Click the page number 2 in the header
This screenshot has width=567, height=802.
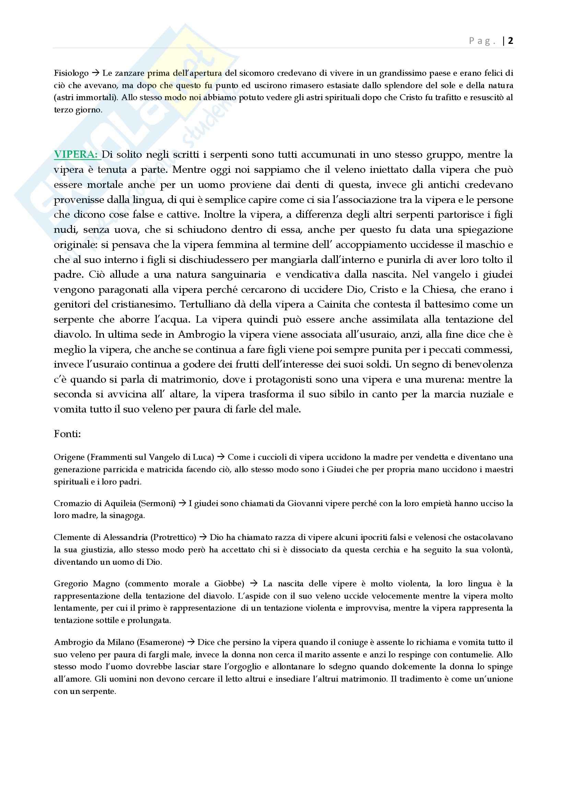(x=510, y=41)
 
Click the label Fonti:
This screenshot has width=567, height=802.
(x=67, y=434)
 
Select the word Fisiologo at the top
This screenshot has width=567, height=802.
(x=71, y=73)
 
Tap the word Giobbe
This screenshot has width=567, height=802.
(x=228, y=584)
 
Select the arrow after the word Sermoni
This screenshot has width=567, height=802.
(x=182, y=503)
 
